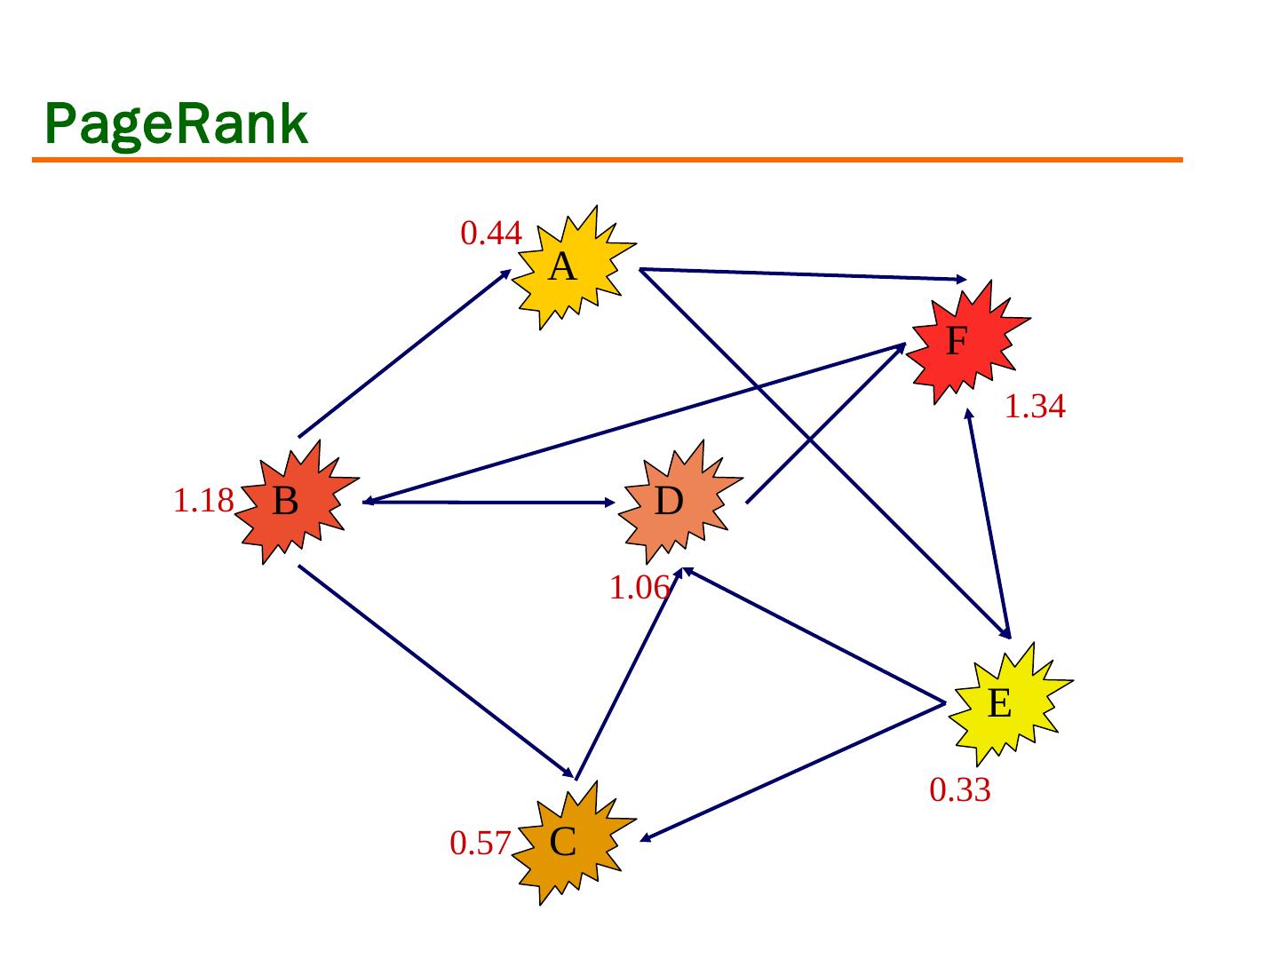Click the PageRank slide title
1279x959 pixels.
(x=176, y=124)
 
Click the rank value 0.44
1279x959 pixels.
(x=490, y=234)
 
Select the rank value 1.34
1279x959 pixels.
(x=1035, y=407)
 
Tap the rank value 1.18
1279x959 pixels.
(x=203, y=502)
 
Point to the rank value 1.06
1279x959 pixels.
(x=638, y=588)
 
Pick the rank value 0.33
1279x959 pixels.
(x=959, y=789)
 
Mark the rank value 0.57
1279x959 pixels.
(x=480, y=844)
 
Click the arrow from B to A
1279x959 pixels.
(x=404, y=353)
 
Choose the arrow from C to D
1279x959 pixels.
(x=628, y=675)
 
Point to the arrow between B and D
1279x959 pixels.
(x=489, y=503)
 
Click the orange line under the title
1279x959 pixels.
(x=608, y=160)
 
